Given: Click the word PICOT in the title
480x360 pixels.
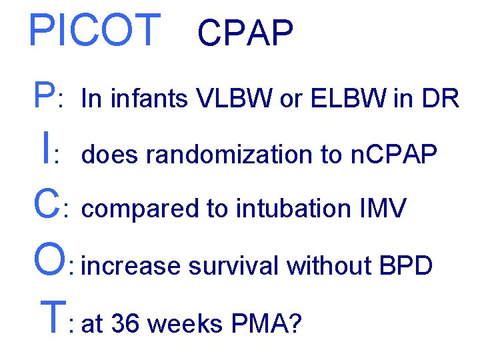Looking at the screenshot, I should [x=94, y=31].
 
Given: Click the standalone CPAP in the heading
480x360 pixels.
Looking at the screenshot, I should [x=245, y=34].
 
